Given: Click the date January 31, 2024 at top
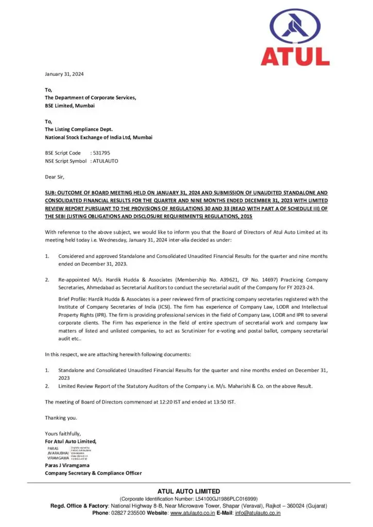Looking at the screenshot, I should [64, 74].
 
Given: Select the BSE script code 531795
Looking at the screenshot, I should [100, 153].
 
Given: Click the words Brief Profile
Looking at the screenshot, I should [73, 299].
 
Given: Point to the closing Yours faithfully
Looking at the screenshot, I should [63, 433].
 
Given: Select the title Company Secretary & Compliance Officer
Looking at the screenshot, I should [93, 473].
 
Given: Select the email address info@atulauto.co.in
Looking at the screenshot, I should [258, 513].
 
